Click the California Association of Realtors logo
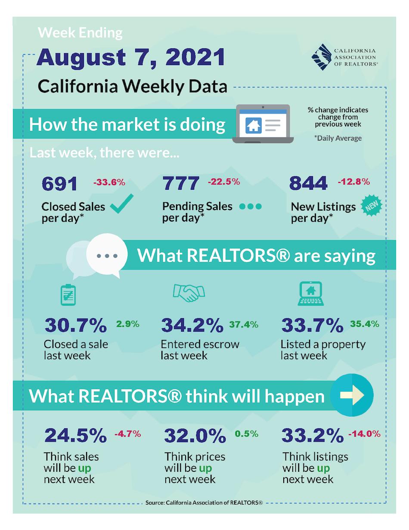(344, 56)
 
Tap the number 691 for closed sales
(60, 184)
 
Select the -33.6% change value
(109, 182)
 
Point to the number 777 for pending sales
(181, 184)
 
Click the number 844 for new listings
(308, 184)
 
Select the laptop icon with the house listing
(263, 124)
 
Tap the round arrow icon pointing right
(352, 395)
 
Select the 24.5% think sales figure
(76, 436)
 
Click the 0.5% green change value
(247, 434)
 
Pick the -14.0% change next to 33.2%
(364, 434)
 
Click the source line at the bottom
(204, 503)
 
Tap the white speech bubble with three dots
(107, 256)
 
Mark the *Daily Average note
(338, 138)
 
